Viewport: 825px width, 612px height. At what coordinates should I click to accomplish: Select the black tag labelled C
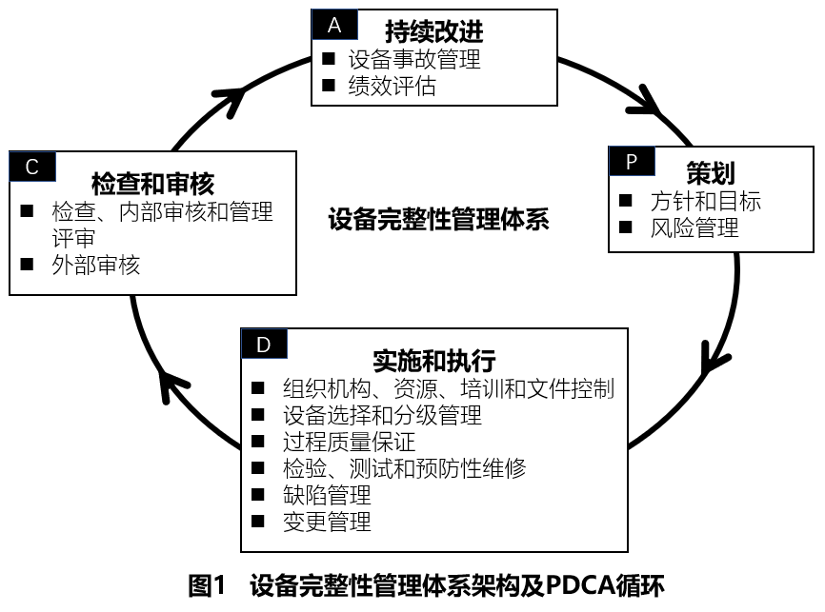(x=32, y=167)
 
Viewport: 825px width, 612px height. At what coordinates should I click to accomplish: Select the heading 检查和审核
(x=152, y=182)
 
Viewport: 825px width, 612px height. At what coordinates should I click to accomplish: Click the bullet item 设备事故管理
(x=413, y=59)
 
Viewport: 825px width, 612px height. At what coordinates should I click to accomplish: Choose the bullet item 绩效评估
(x=392, y=87)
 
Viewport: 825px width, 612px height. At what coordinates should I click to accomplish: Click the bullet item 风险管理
(x=694, y=227)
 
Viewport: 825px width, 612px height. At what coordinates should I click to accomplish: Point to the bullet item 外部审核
(x=96, y=265)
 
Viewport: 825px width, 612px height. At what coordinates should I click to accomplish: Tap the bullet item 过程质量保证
(x=349, y=442)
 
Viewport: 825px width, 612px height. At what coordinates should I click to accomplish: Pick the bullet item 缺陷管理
(x=327, y=495)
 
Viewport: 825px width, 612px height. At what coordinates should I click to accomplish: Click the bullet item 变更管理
(x=327, y=522)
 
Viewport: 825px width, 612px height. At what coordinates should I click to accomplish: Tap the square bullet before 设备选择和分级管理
(x=257, y=416)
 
